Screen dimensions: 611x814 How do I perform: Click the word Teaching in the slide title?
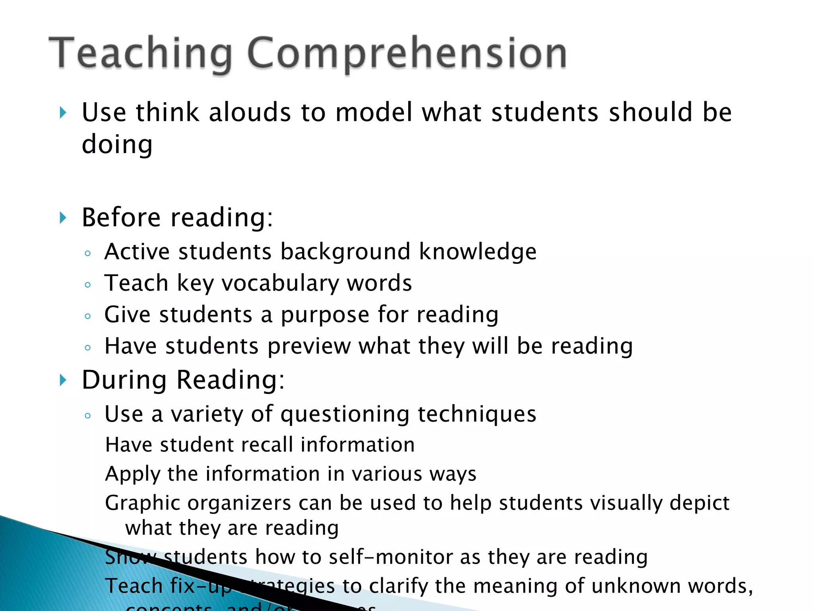(x=141, y=54)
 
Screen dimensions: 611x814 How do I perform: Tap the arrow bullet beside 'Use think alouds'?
(x=63, y=113)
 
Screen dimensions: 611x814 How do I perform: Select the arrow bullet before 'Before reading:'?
(x=63, y=218)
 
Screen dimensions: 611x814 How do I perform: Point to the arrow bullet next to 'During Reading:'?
(x=63, y=380)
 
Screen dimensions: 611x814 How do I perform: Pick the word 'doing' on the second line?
(x=117, y=144)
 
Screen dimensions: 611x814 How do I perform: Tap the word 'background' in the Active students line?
(x=345, y=252)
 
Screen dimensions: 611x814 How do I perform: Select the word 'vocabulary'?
(x=280, y=284)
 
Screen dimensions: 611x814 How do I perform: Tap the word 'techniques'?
(x=477, y=414)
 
